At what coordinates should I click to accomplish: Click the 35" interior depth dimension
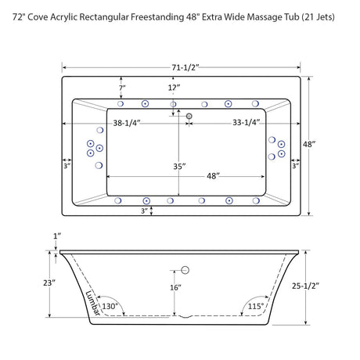(x=179, y=167)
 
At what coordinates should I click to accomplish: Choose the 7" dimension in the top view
(x=121, y=88)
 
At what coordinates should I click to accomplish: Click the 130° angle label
(x=110, y=306)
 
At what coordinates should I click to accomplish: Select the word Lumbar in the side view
(x=92, y=302)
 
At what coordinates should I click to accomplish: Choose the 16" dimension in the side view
(x=177, y=288)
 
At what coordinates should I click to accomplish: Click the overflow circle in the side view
(x=186, y=271)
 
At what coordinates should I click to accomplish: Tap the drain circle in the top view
(x=189, y=117)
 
